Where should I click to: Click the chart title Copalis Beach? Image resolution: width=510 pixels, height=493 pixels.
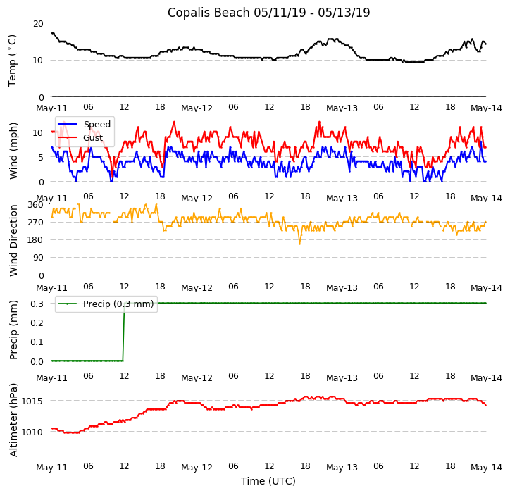[268, 13]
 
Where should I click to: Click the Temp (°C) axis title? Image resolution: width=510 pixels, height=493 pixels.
[13, 60]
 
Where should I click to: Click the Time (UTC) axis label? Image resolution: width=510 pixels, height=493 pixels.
[268, 481]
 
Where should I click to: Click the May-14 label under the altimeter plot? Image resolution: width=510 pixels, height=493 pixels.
[486, 468]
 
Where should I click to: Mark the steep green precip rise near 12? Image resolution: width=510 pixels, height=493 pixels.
[123, 331]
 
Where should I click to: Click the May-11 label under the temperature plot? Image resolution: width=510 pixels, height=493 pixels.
[52, 108]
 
